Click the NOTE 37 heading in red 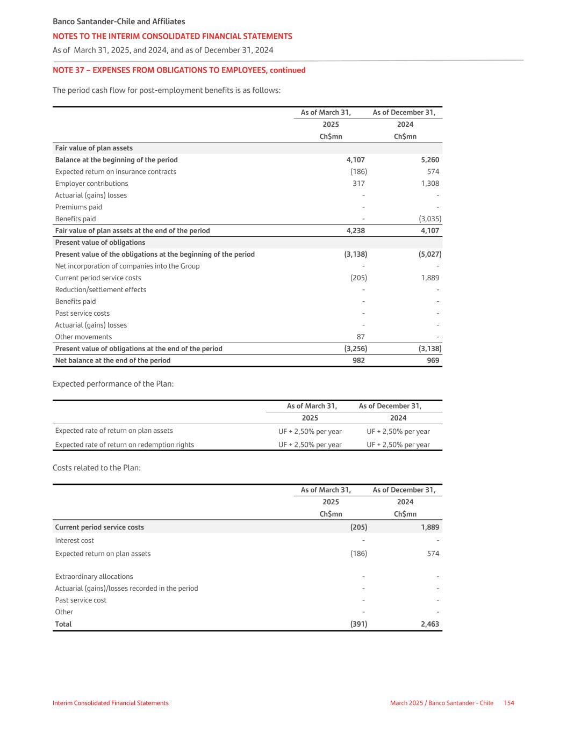click(x=179, y=70)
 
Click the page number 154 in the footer click(x=508, y=703)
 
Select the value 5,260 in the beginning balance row click(x=430, y=160)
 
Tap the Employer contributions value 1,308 click(x=430, y=184)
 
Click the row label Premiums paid click(x=78, y=207)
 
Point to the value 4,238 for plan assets click(x=355, y=231)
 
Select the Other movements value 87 click(x=360, y=337)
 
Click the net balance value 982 click(x=358, y=361)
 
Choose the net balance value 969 click(x=433, y=361)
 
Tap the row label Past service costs click(x=82, y=314)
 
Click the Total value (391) click(x=358, y=624)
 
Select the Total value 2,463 click(x=430, y=624)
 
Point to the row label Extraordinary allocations click(x=94, y=577)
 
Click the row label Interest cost click(x=74, y=541)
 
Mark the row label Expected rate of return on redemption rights click(x=125, y=445)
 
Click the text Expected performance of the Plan click(x=113, y=384)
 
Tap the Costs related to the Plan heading click(x=97, y=468)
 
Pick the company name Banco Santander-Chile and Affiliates click(x=119, y=22)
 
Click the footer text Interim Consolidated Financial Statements click(x=111, y=703)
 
